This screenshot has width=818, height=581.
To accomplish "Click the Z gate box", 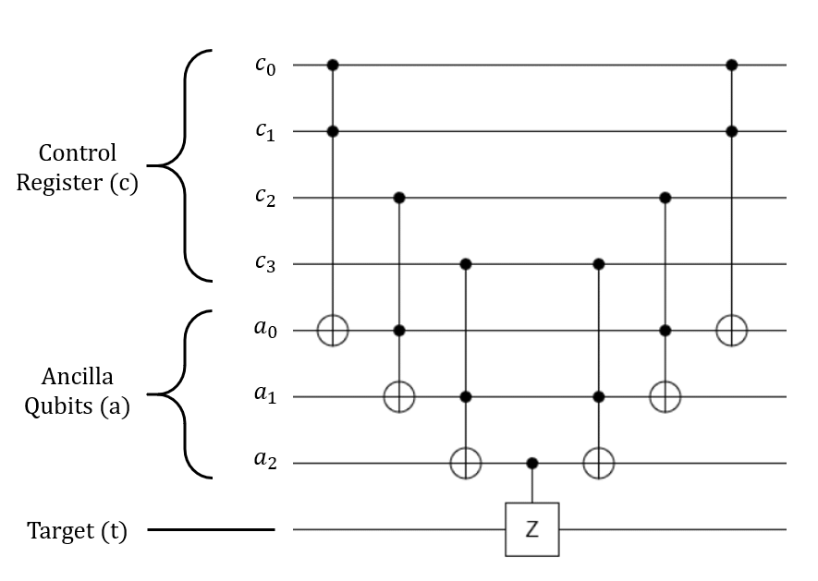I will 531,529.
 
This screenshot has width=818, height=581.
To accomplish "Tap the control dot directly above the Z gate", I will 531,463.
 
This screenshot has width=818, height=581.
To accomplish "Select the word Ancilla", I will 78,377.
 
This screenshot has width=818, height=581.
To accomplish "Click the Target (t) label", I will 78,531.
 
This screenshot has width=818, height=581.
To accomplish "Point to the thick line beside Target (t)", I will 211,529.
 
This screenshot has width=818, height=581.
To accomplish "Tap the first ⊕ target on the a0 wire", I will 333,331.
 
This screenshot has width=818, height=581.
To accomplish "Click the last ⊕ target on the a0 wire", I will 731,331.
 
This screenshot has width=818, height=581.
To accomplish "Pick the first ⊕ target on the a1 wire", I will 399,397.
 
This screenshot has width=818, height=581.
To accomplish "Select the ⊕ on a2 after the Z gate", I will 598,463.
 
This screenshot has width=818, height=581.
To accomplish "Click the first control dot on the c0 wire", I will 333,66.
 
